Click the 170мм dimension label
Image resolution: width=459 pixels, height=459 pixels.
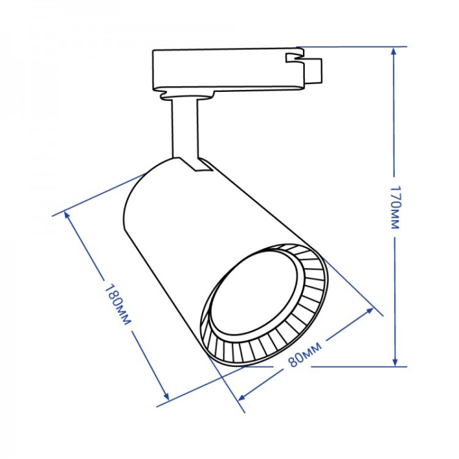click(x=394, y=207)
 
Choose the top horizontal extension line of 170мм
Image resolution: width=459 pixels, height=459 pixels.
click(x=350, y=46)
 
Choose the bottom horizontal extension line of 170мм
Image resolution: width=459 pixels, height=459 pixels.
click(x=344, y=366)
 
